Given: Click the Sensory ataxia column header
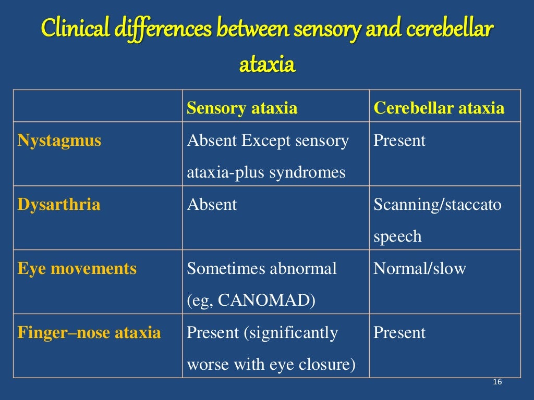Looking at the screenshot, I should (x=242, y=108).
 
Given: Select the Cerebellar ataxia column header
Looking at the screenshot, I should (x=439, y=108).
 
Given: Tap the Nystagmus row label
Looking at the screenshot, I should (x=59, y=141).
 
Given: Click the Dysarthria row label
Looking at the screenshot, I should (x=58, y=204).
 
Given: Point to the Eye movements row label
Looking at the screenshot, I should (x=77, y=269).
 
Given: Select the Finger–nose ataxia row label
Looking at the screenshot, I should (x=89, y=332).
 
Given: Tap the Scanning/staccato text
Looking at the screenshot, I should (x=437, y=205).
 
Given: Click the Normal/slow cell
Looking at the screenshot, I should (x=419, y=269).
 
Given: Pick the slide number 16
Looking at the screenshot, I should (x=496, y=383).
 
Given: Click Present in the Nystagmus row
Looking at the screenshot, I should (x=399, y=141).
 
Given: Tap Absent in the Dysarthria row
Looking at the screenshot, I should (x=212, y=204).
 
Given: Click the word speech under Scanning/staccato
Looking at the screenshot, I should (x=397, y=236).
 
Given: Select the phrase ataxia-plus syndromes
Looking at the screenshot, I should (x=266, y=172).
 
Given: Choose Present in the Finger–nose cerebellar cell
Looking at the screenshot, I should (x=399, y=332).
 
